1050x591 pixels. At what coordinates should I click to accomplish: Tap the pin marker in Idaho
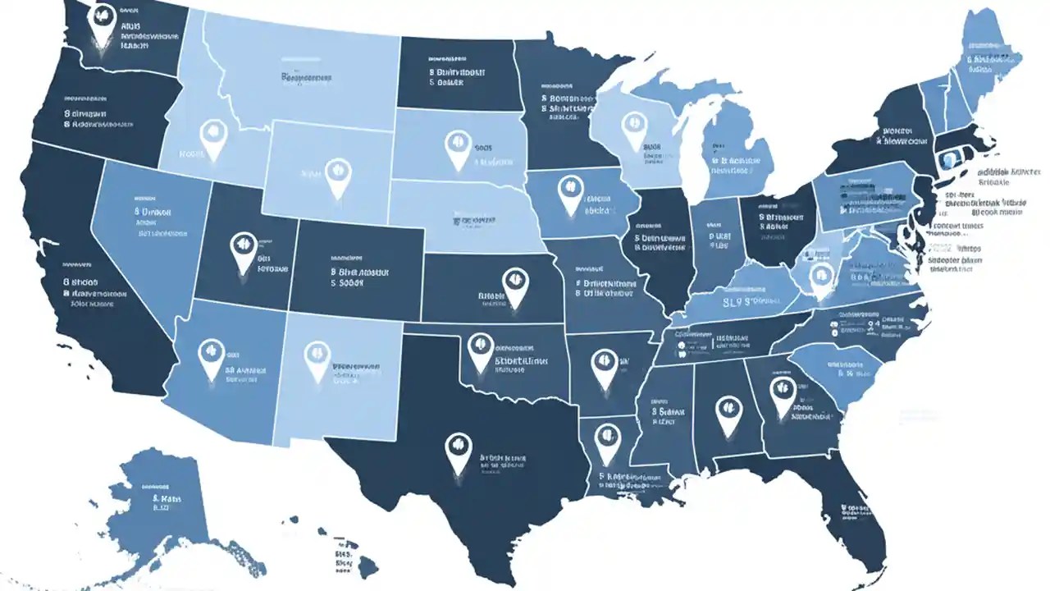(212, 134)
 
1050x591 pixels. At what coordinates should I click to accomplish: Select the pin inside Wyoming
(335, 172)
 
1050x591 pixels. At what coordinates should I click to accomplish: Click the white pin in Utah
(241, 247)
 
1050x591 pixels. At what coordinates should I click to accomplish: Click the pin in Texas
(457, 448)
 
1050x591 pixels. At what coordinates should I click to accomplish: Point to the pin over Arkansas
(604, 364)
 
